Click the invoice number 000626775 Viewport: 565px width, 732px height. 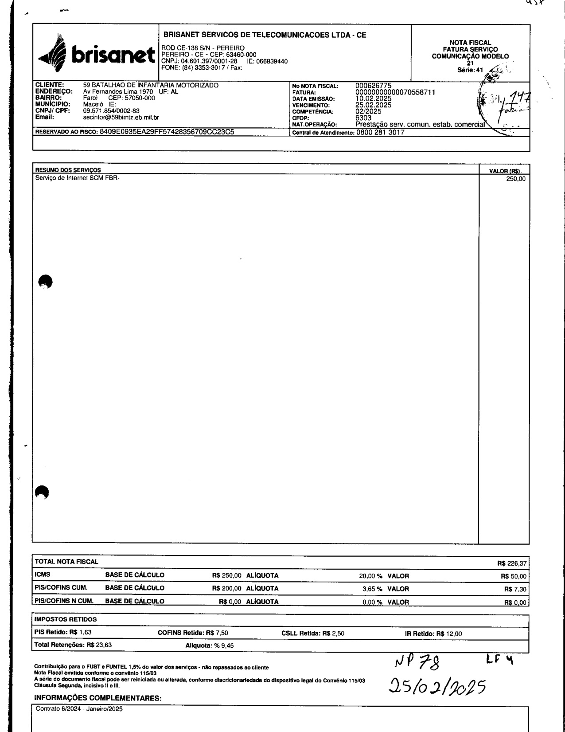pyautogui.click(x=374, y=86)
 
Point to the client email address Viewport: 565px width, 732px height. pyautogui.click(x=121, y=118)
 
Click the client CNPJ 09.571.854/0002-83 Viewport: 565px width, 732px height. pyautogui.click(x=112, y=111)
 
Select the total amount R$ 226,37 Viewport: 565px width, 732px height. pyautogui.click(x=512, y=563)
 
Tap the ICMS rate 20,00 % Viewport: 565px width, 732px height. pyautogui.click(x=370, y=576)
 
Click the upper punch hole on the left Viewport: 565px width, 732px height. pyautogui.click(x=45, y=281)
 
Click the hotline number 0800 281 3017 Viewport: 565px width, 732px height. pyautogui.click(x=380, y=132)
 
